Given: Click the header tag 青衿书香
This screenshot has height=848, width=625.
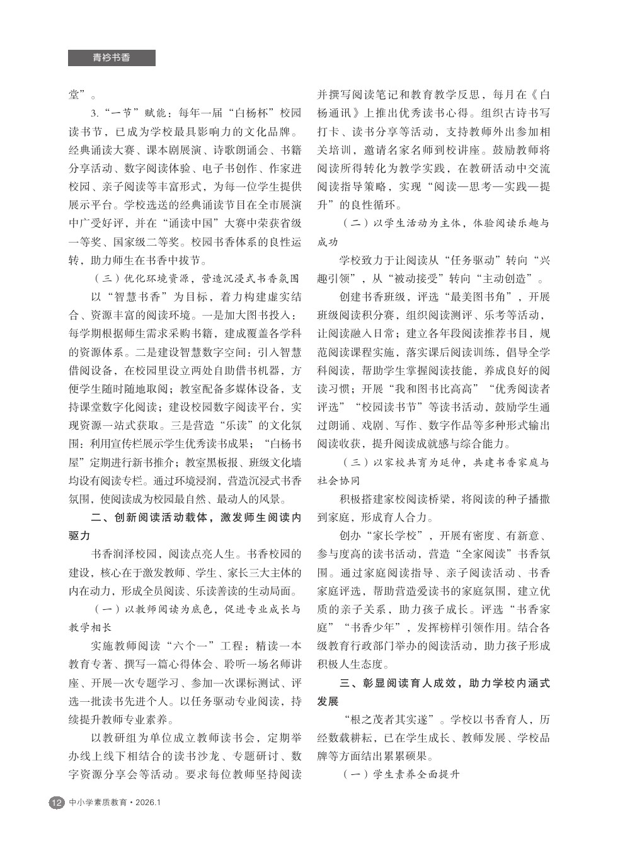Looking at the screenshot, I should tap(112, 58).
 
